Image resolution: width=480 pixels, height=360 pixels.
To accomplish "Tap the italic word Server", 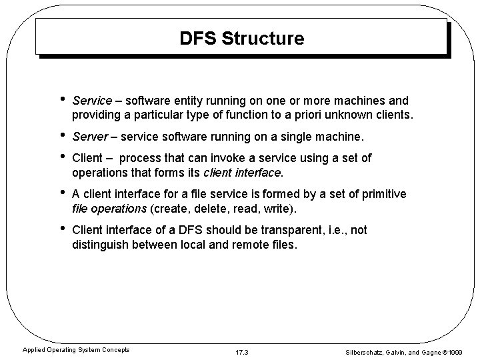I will [89, 137].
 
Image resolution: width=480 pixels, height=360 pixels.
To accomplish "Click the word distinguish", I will [100, 245].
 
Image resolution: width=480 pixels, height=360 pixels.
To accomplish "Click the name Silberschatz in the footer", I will [367, 350].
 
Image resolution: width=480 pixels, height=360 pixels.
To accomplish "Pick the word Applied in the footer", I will [34, 349].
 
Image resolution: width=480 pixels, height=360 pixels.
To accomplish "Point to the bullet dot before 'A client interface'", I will [62, 193].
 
